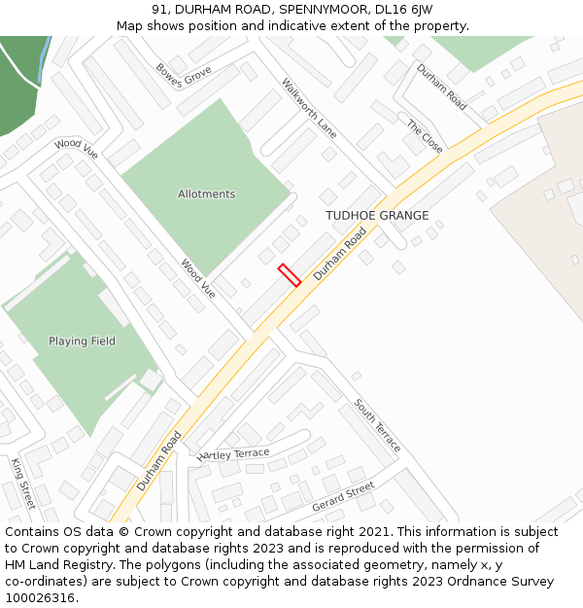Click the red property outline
[289, 274]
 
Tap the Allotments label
[206, 195]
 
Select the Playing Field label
[82, 341]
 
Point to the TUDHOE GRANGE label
[377, 215]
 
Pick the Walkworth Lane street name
[309, 107]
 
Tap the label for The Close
[425, 137]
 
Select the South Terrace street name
[377, 424]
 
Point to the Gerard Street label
[343, 497]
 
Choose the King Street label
[22, 483]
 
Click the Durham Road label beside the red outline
[340, 255]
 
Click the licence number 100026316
[41, 598]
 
